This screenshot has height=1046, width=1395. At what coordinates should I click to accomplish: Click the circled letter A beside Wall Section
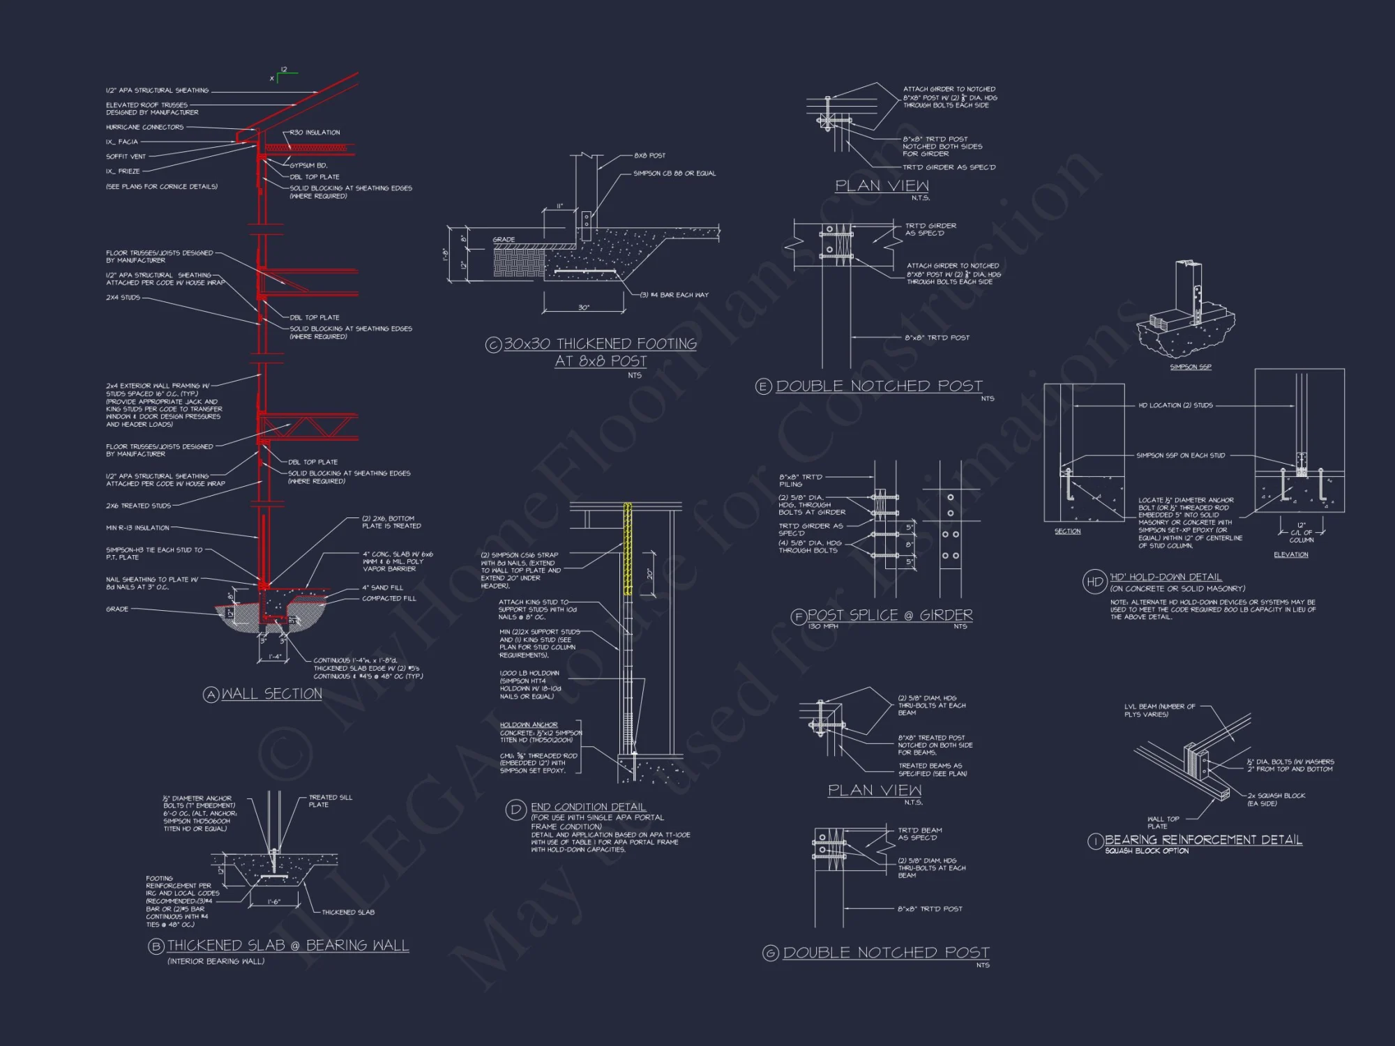point(211,695)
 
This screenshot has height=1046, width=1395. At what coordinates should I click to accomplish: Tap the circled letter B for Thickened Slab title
point(156,946)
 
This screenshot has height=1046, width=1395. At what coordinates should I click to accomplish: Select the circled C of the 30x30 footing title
point(493,344)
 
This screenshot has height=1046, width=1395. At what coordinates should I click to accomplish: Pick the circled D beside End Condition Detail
point(515,810)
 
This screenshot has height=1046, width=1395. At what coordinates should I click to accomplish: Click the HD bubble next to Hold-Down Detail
point(1094,581)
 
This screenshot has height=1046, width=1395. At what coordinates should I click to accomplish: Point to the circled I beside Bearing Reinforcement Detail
point(1095,842)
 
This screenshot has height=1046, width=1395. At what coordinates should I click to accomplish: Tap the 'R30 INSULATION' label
point(315,132)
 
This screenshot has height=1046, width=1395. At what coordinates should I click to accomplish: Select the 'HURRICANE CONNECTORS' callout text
point(144,127)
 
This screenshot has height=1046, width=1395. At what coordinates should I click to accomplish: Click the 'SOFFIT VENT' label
point(126,156)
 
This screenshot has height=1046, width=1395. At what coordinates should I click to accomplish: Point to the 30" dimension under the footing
point(584,308)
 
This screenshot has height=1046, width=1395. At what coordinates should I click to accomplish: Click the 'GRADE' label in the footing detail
point(504,240)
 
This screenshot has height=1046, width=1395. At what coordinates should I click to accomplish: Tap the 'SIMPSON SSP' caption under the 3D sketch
point(1191,367)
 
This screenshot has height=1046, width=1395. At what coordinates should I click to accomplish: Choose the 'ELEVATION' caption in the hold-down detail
point(1290,554)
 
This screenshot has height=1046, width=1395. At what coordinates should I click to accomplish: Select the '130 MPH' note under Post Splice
point(823,626)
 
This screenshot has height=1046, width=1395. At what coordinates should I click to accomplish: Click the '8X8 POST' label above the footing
point(649,156)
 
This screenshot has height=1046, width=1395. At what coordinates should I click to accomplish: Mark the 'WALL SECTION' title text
point(271,694)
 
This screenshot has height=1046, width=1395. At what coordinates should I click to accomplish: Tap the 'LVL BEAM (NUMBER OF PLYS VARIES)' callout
point(1159,710)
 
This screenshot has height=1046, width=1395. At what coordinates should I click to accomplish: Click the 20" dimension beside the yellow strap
point(649,574)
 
